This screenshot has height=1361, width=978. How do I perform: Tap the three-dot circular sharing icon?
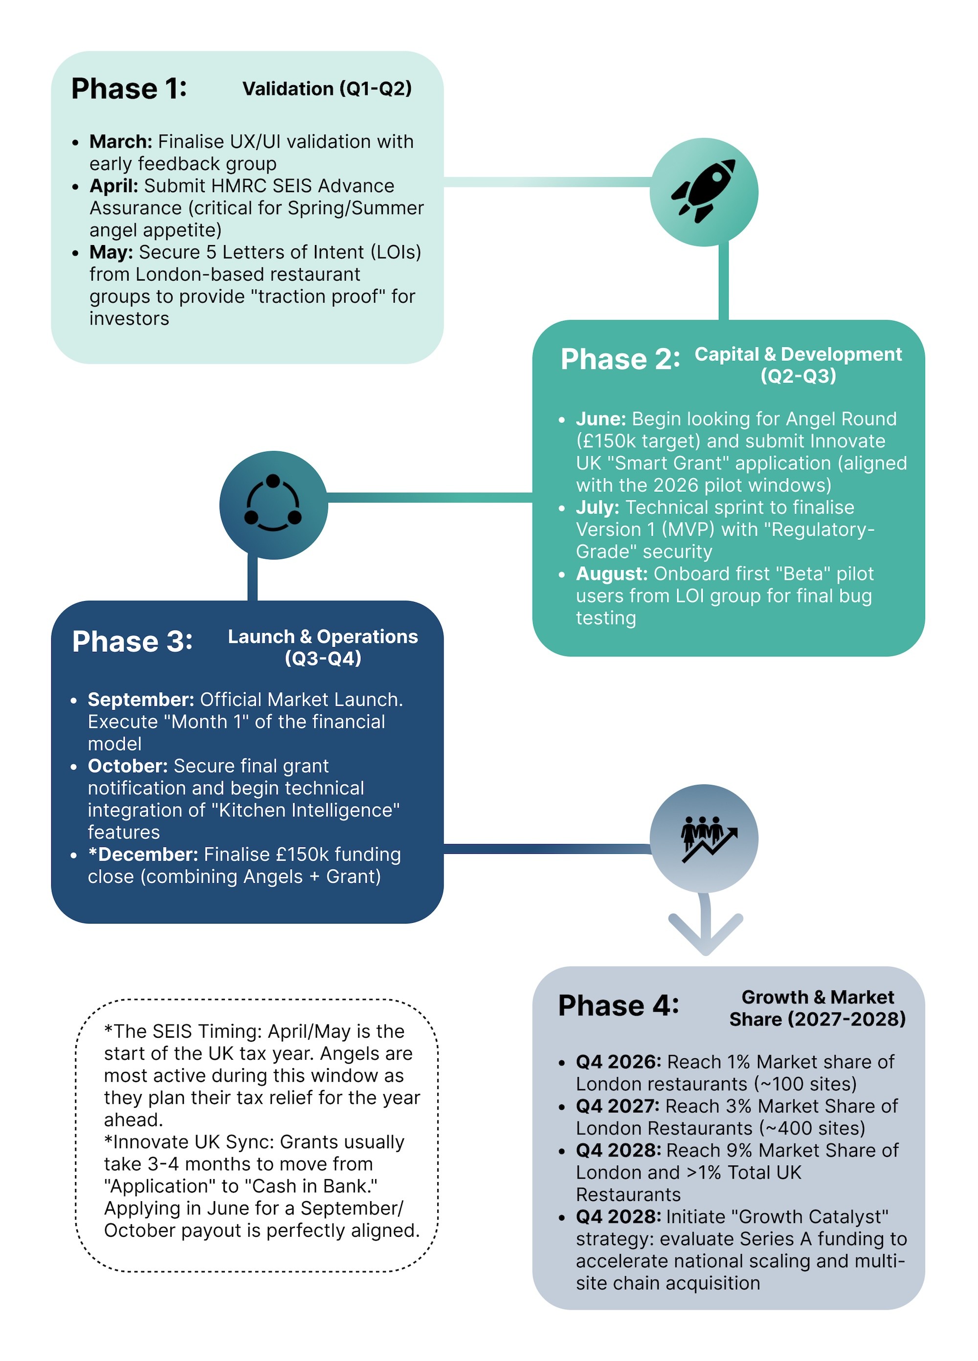[273, 505]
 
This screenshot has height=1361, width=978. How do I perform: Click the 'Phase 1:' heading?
[129, 89]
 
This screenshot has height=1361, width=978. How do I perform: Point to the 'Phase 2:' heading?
[620, 359]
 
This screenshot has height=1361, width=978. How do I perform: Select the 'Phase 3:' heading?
[132, 642]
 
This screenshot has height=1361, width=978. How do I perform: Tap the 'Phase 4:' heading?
[618, 1006]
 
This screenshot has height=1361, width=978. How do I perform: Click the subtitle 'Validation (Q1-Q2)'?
[327, 89]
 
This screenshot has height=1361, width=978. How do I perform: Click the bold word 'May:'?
[111, 252]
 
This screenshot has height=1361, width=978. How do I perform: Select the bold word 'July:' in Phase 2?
[597, 508]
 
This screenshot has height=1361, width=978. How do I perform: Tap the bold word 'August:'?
[611, 574]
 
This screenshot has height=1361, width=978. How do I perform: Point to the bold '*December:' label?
[143, 854]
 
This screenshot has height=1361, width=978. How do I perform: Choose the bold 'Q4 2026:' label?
[618, 1062]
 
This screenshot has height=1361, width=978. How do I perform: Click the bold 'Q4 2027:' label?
[618, 1106]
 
